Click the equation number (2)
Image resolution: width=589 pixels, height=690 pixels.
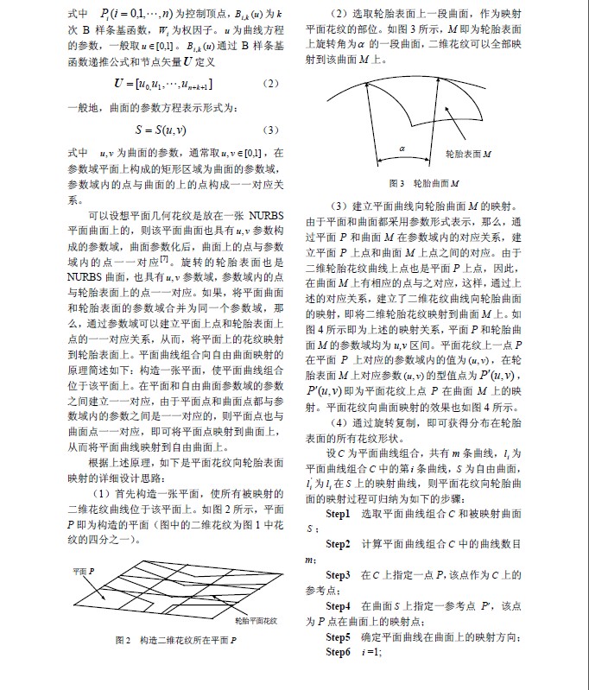pyautogui.click(x=269, y=83)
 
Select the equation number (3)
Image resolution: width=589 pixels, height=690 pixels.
pyautogui.click(x=269, y=130)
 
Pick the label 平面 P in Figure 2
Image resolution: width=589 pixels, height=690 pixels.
pyautogui.click(x=85, y=573)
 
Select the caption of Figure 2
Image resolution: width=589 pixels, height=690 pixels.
pyautogui.click(x=176, y=642)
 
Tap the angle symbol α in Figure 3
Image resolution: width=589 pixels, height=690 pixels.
pyautogui.click(x=402, y=148)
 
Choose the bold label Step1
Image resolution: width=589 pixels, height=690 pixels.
pyautogui.click(x=338, y=536)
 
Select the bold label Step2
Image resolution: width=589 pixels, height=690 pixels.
pyautogui.click(x=338, y=567)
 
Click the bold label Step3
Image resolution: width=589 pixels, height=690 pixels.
pyautogui.click(x=338, y=598)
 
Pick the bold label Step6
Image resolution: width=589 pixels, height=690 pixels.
pyautogui.click(x=338, y=674)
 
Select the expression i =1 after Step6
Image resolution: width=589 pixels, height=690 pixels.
pyautogui.click(x=372, y=674)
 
